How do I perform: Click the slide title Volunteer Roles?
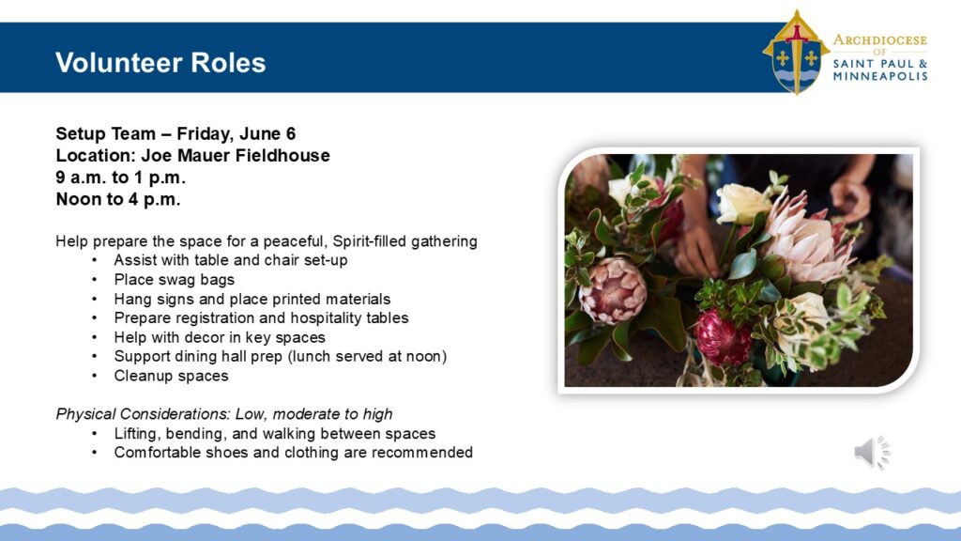click(x=160, y=63)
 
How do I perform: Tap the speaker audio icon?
click(x=872, y=453)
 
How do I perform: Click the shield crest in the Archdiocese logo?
click(x=796, y=53)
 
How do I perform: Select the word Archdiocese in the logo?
click(x=880, y=40)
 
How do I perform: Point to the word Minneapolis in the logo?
click(x=880, y=77)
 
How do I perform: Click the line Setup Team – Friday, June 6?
click(x=175, y=133)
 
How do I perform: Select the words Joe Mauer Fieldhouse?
click(x=236, y=156)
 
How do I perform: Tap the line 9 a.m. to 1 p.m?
click(x=121, y=178)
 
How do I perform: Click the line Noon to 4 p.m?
click(x=118, y=199)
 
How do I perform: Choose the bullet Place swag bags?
click(x=174, y=280)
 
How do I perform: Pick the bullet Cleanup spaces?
click(x=171, y=376)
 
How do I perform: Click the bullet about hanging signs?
click(x=252, y=299)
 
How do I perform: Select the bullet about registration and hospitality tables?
click(x=261, y=317)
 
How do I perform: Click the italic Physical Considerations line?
click(x=224, y=414)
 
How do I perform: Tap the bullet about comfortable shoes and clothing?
click(x=293, y=453)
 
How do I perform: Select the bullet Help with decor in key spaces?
click(x=220, y=337)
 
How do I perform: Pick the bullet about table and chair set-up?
click(x=231, y=260)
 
